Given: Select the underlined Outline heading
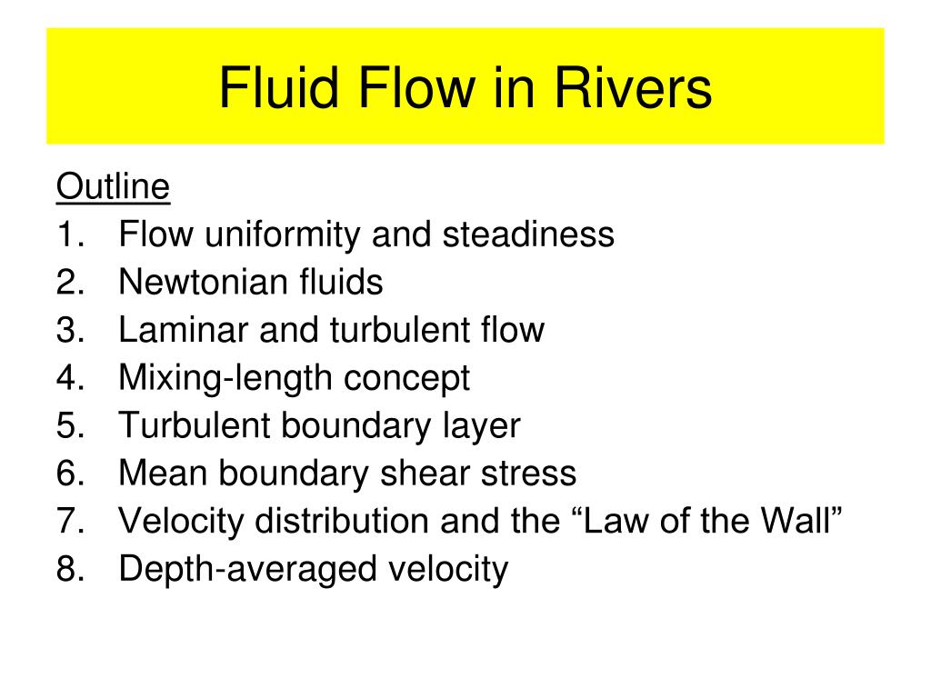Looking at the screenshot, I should click(113, 187).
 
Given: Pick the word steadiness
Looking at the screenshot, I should click(528, 235).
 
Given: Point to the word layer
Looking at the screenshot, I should click(475, 426).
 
